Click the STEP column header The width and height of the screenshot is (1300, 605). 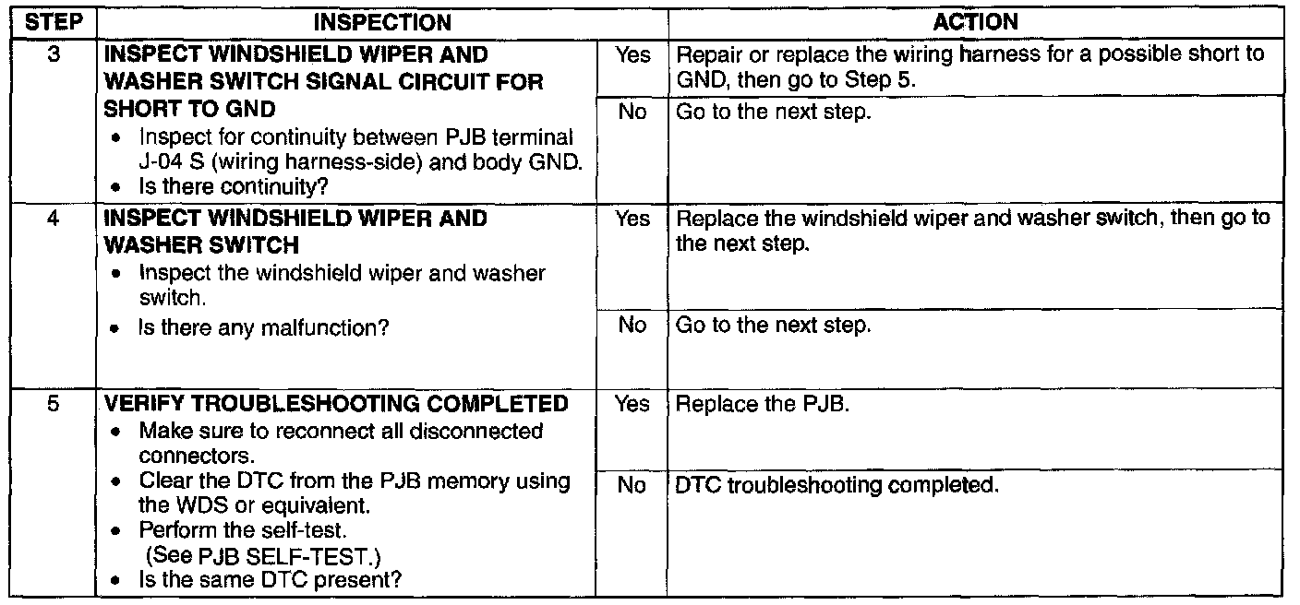53,22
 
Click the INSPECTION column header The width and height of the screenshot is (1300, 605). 381,22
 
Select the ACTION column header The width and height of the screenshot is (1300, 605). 981,22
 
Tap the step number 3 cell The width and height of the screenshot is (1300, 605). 53,55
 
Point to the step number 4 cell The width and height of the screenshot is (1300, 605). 53,219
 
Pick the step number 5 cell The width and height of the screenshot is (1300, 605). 53,404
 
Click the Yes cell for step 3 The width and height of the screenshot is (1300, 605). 632,55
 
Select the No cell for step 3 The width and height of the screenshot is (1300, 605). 632,112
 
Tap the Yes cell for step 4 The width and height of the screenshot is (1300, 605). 632,219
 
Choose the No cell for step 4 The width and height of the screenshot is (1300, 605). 632,325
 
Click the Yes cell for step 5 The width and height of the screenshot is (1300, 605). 632,404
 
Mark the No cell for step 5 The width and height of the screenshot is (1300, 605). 632,485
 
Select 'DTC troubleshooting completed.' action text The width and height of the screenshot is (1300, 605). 837,485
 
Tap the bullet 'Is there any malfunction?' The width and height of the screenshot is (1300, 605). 262,326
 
